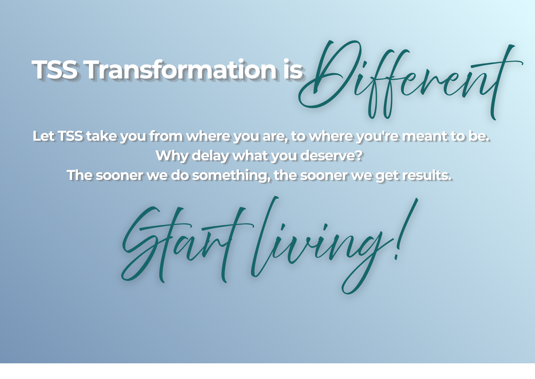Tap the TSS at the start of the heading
click(54, 69)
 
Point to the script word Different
click(411, 80)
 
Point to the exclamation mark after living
click(406, 229)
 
